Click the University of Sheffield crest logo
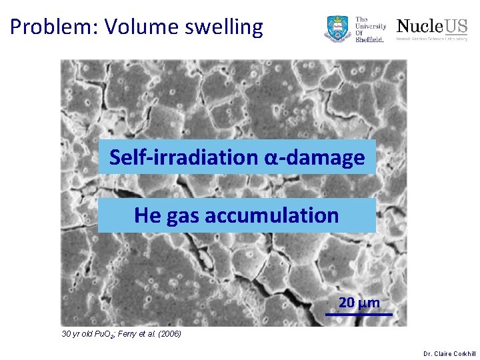click(x=337, y=29)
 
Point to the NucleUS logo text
click(x=432, y=26)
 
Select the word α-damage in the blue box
click(x=315, y=157)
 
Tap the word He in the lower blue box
click(x=145, y=215)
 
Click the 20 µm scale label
click(x=359, y=303)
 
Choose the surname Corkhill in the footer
click(x=465, y=353)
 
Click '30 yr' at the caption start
click(x=69, y=333)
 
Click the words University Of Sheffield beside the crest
click(x=371, y=29)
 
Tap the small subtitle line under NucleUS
click(x=432, y=39)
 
